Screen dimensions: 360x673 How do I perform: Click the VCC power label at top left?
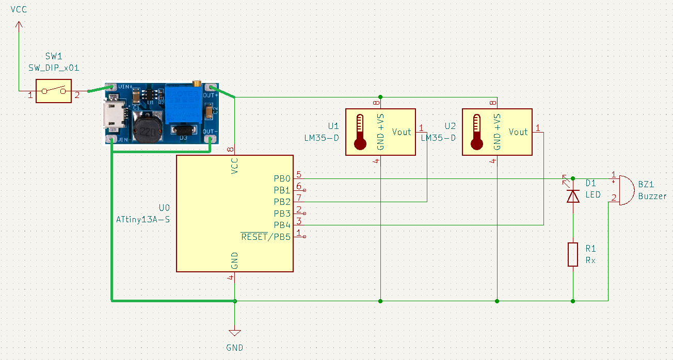click(x=19, y=10)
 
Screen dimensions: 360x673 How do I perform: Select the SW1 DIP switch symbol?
click(x=53, y=91)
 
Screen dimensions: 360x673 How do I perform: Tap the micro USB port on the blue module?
click(x=113, y=116)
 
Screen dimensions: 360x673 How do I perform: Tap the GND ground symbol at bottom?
click(x=234, y=334)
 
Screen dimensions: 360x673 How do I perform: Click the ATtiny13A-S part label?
click(x=143, y=219)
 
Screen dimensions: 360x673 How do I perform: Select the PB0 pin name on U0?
click(x=282, y=179)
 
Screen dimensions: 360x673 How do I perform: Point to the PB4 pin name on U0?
click(x=282, y=225)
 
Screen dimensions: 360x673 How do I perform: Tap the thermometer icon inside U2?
click(x=476, y=132)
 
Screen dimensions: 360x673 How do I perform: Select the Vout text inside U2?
click(x=518, y=132)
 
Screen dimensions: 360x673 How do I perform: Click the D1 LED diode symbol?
click(x=573, y=196)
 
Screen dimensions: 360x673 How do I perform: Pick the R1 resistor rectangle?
click(x=573, y=254)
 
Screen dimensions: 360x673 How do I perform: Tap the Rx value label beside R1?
click(x=590, y=260)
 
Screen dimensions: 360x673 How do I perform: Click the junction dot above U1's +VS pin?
click(x=380, y=97)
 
